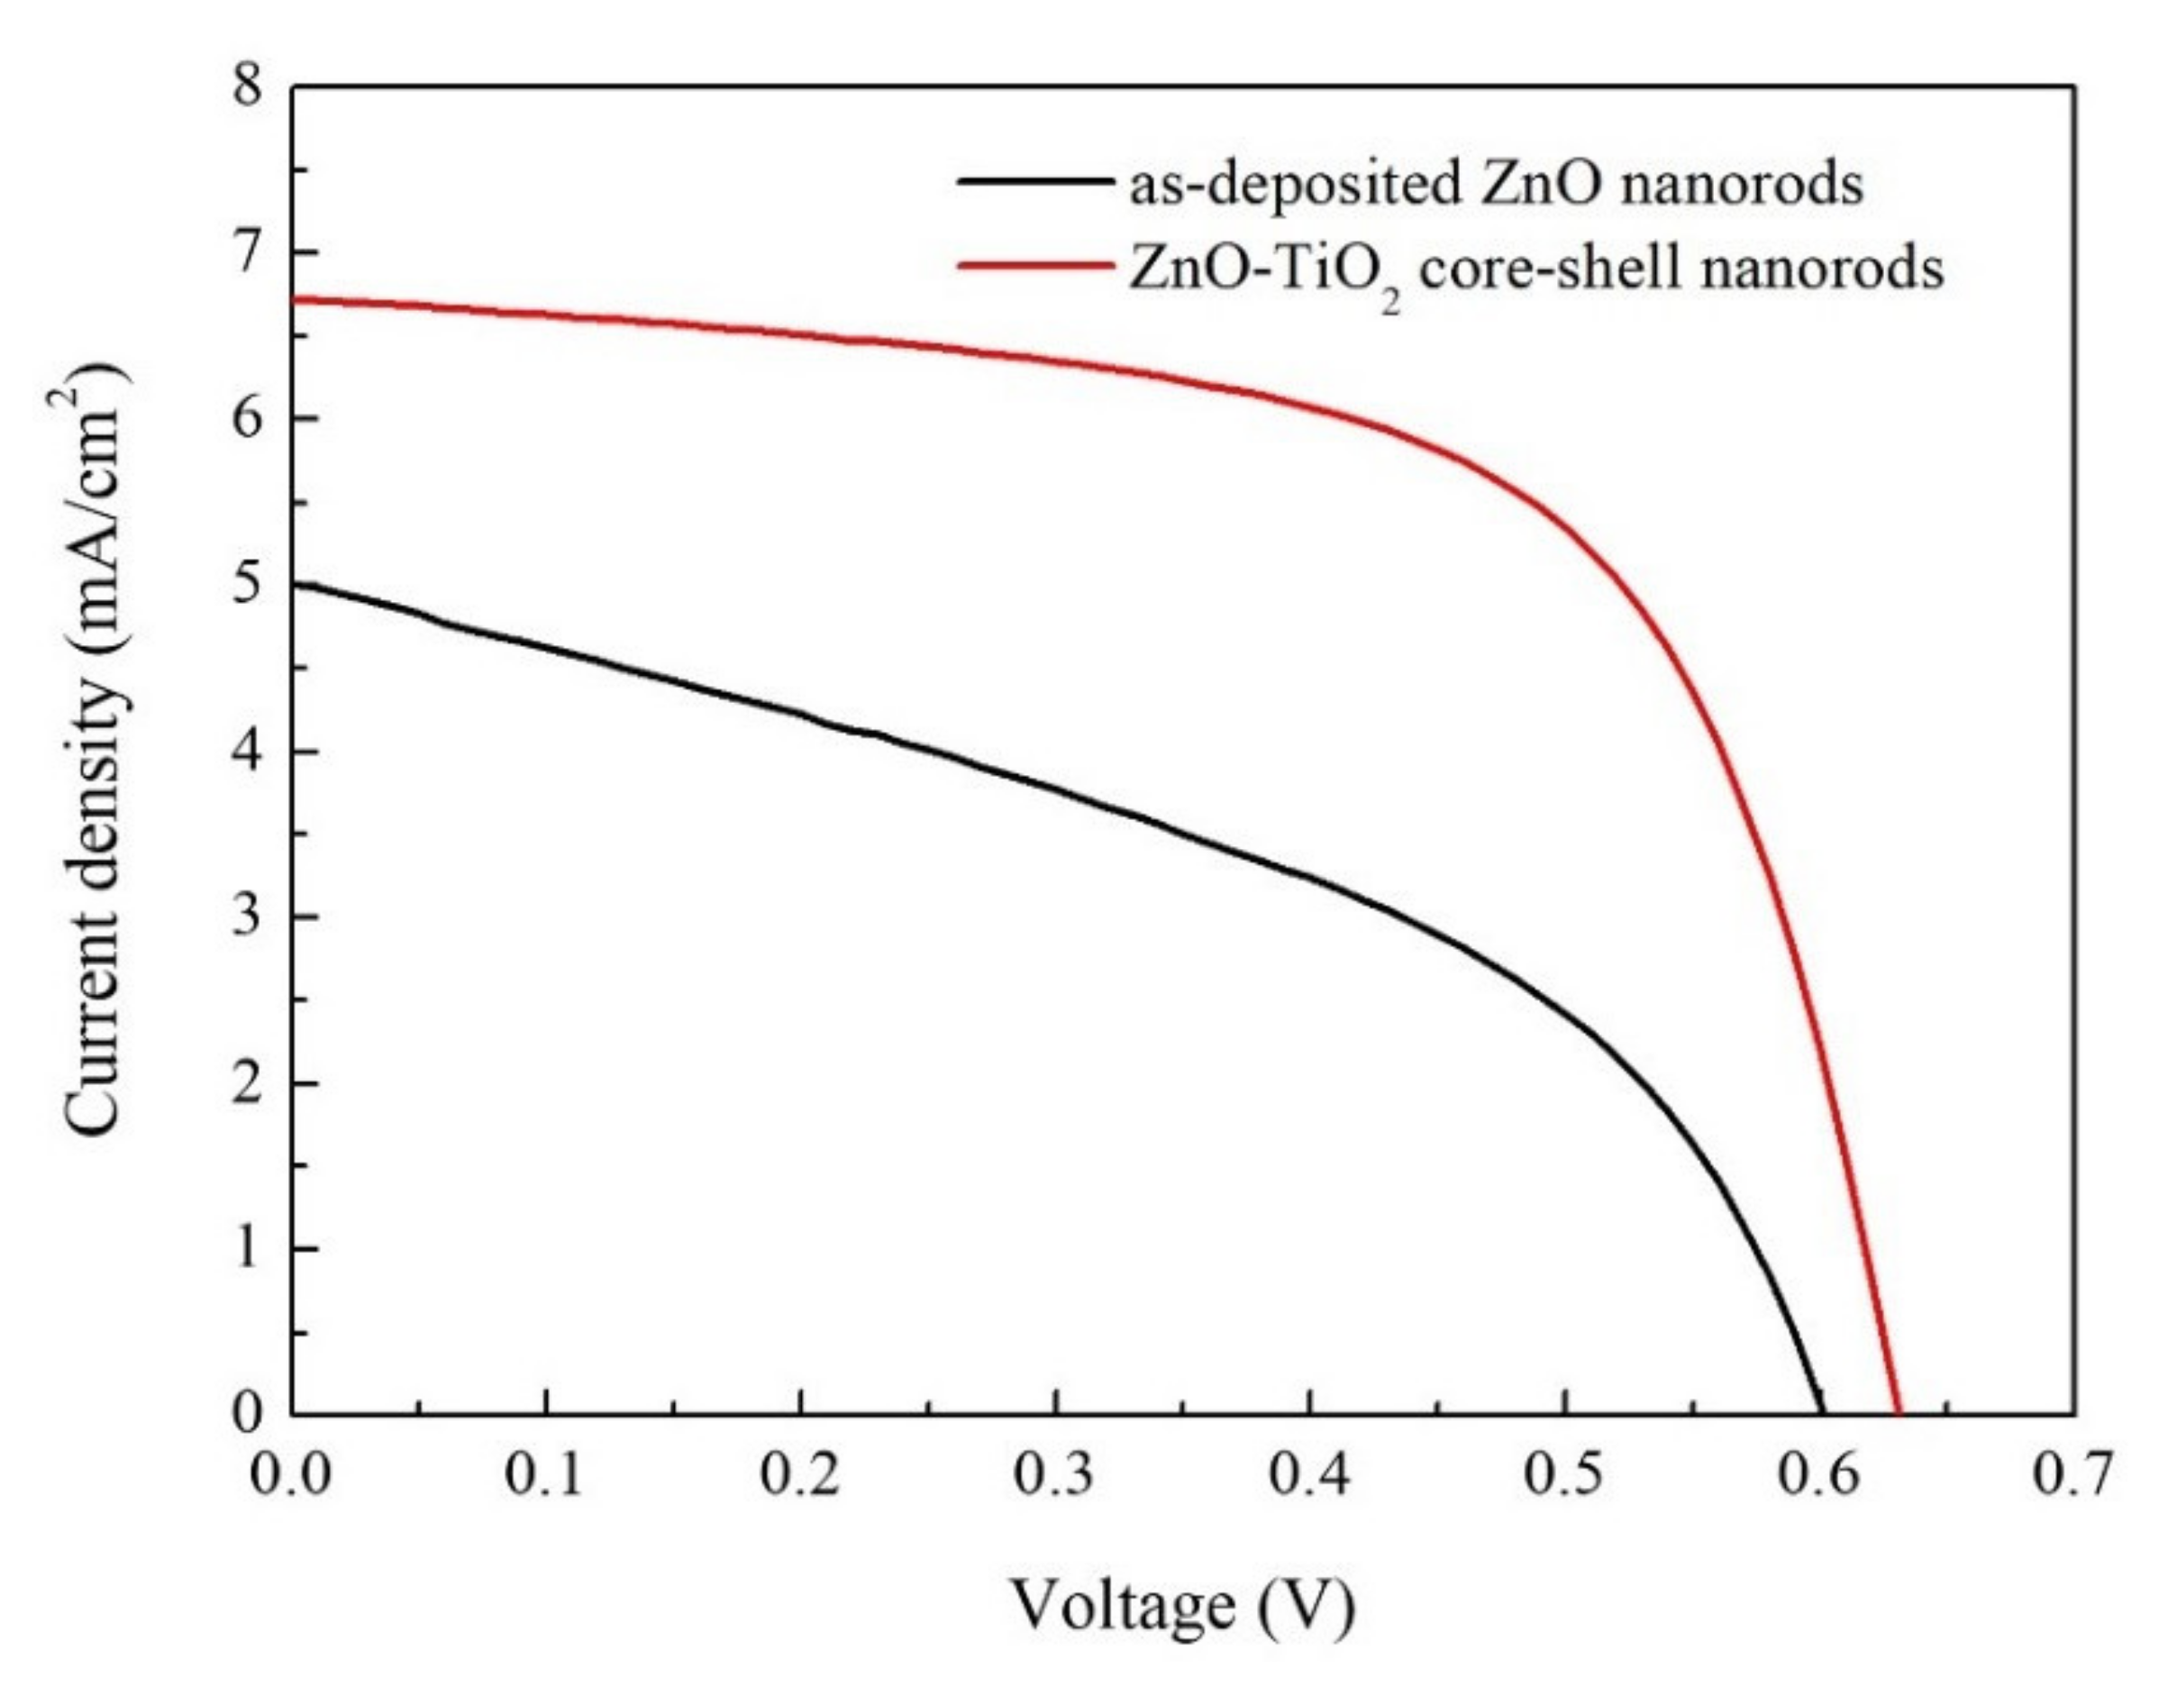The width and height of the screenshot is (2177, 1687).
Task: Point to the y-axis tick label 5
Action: (x=247, y=584)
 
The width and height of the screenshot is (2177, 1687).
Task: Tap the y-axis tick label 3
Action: (x=247, y=916)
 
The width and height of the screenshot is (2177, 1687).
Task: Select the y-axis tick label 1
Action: (x=247, y=1248)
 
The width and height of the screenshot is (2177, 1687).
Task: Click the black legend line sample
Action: (x=1034, y=182)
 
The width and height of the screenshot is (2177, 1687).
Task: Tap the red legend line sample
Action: (x=1034, y=266)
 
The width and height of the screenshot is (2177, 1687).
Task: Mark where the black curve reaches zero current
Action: (x=1823, y=1412)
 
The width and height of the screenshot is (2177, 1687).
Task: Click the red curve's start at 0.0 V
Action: (x=294, y=299)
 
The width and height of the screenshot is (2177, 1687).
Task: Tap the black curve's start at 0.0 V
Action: (x=294, y=585)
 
